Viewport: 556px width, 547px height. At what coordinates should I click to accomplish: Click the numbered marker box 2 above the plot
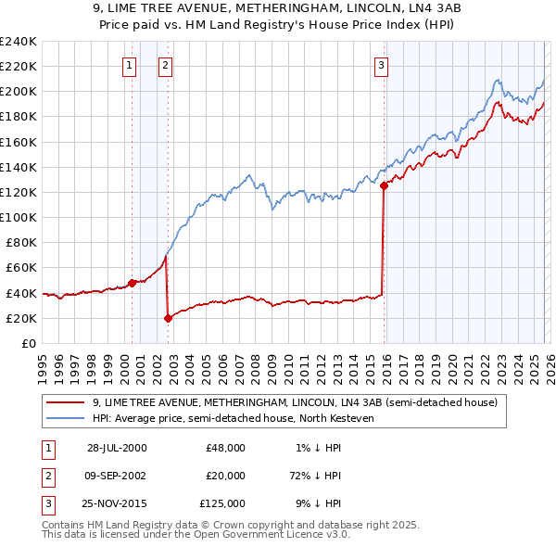coord(164,65)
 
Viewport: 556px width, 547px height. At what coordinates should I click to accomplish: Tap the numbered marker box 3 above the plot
coord(381,65)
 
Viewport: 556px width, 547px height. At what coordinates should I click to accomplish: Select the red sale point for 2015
coord(384,185)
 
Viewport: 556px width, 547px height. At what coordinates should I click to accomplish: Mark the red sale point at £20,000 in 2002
coord(168,318)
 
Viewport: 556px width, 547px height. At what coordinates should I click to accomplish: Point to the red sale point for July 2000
coord(132,283)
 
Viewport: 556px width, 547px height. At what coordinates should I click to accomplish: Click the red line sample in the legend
coord(67,402)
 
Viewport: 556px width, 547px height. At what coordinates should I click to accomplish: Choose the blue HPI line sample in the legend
coord(67,419)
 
